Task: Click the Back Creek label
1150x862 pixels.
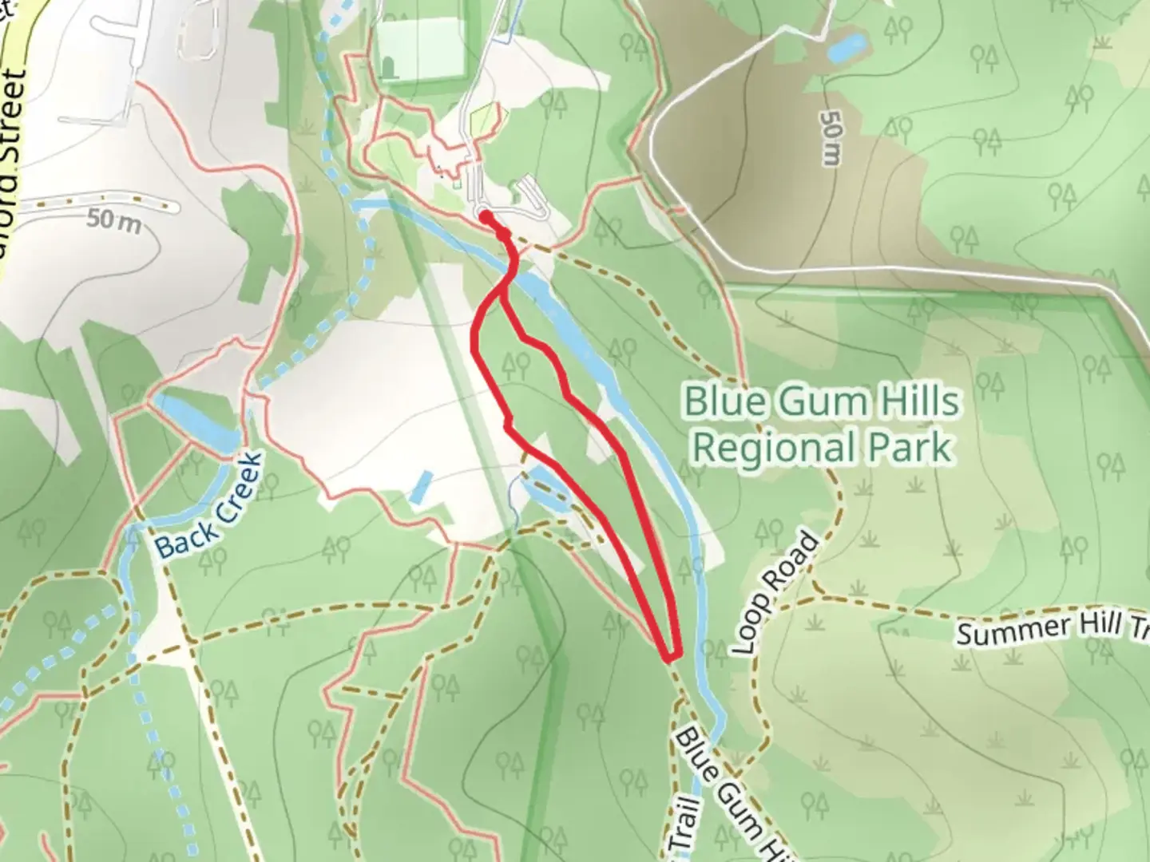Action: click(207, 506)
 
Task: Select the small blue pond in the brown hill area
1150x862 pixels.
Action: click(845, 48)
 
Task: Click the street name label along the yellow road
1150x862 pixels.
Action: click(15, 128)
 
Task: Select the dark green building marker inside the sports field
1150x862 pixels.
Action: click(389, 69)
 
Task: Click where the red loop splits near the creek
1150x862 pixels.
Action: click(503, 291)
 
